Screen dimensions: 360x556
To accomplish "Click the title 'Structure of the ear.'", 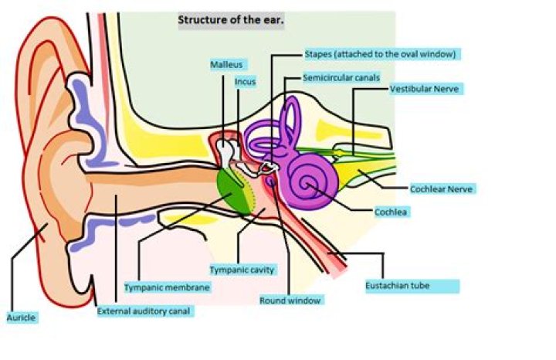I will [x=231, y=20].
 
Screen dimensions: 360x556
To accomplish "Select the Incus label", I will [x=245, y=80].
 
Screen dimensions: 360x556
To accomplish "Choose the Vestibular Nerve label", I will [x=425, y=89].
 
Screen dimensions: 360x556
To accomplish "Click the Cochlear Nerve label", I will [x=442, y=188].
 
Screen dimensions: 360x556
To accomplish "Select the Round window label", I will [x=290, y=299].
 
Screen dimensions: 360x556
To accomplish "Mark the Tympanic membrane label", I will [x=167, y=287].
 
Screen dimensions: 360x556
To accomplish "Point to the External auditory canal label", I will [x=144, y=311].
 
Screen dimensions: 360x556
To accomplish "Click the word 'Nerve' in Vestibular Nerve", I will [x=446, y=89].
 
